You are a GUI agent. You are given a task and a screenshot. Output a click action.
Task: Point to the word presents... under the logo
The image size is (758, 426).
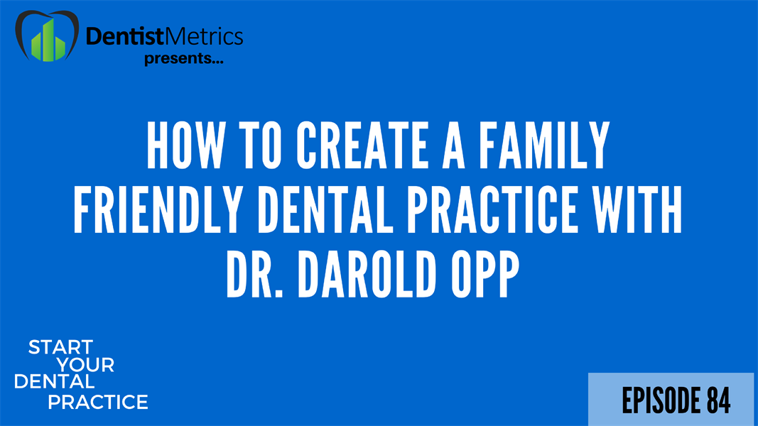pyautogui.click(x=184, y=60)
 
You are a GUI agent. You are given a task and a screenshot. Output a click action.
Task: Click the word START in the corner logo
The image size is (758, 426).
pyautogui.click(x=60, y=348)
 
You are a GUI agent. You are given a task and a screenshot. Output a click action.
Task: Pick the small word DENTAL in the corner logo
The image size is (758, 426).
pyautogui.click(x=54, y=383)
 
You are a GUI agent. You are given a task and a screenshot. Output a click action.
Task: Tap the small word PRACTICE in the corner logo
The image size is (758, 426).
pyautogui.click(x=98, y=403)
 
